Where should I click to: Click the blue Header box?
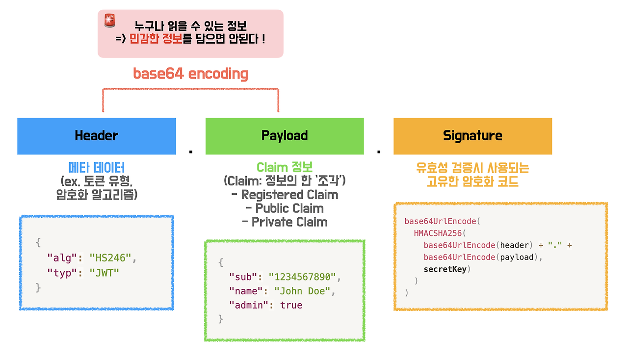point(96,136)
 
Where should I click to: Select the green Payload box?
point(285,136)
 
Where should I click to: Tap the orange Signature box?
point(472,136)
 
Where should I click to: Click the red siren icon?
point(109,21)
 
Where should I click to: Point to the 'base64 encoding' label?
point(190,74)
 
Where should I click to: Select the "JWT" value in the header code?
point(105,273)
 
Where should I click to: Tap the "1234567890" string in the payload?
point(302,277)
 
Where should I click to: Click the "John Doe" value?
point(302,291)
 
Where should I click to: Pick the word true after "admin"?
point(291,305)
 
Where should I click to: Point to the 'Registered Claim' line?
point(285,195)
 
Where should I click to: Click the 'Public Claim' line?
point(285,208)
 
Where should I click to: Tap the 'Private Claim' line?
point(285,222)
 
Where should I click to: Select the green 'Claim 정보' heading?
point(285,168)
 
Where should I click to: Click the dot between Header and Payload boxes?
point(190,152)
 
